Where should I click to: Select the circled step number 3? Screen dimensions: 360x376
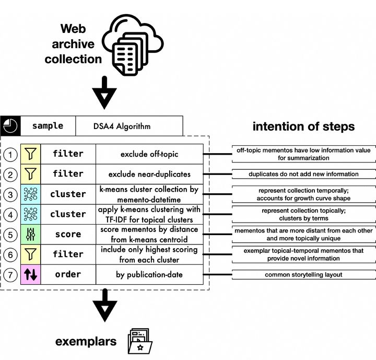pyautogui.click(x=10, y=194)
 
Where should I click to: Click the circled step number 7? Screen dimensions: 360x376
pyautogui.click(x=10, y=274)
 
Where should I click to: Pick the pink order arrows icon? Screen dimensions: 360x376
pyautogui.click(x=31, y=274)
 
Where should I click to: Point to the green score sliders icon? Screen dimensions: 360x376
pyautogui.click(x=31, y=234)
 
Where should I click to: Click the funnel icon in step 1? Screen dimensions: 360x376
pyautogui.click(x=31, y=154)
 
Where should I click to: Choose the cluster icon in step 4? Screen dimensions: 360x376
pyautogui.click(x=31, y=214)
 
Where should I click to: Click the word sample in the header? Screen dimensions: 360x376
pyautogui.click(x=48, y=126)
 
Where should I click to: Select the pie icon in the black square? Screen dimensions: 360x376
pyautogui.click(x=10, y=126)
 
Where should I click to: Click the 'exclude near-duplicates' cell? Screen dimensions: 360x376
pyautogui.click(x=149, y=173)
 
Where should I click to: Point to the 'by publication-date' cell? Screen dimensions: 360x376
pyautogui.click(x=149, y=274)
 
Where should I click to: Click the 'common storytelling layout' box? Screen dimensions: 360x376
pyautogui.click(x=303, y=274)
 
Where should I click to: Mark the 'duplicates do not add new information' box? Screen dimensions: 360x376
pyautogui.click(x=303, y=174)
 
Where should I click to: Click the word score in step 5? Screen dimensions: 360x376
pyautogui.click(x=68, y=234)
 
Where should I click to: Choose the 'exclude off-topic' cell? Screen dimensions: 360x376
pyautogui.click(x=149, y=154)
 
